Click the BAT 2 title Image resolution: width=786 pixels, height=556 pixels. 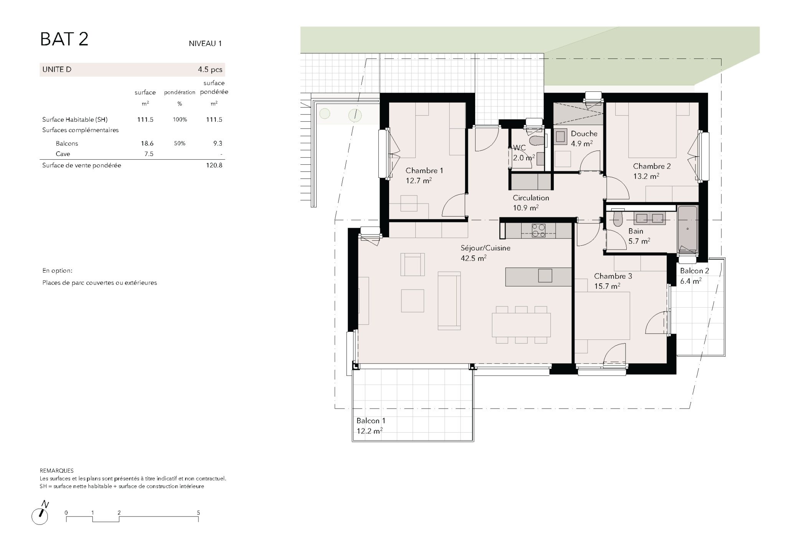click(x=64, y=39)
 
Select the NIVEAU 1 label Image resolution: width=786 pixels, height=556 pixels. click(x=205, y=44)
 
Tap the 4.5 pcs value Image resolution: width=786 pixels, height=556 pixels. click(x=210, y=70)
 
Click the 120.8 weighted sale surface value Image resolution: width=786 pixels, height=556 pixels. click(x=214, y=165)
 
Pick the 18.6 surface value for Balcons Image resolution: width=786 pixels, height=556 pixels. click(x=147, y=144)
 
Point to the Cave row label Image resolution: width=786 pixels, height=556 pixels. click(x=63, y=154)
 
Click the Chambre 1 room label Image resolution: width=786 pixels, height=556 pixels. click(x=424, y=170)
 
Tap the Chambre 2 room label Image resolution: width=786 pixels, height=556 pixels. click(x=652, y=166)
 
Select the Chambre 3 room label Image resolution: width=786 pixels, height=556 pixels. click(x=613, y=276)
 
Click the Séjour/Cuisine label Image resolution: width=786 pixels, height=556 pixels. click(x=485, y=248)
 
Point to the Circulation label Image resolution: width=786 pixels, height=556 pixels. click(x=531, y=198)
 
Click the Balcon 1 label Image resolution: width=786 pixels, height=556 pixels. click(x=371, y=421)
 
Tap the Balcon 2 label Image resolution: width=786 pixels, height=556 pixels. click(x=695, y=271)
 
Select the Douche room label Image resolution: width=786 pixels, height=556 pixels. click(x=584, y=134)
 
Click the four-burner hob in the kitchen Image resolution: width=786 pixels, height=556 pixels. click(x=538, y=230)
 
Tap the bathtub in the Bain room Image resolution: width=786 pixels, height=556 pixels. click(x=687, y=229)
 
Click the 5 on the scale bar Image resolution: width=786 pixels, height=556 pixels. click(x=198, y=513)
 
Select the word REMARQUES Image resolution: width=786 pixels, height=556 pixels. click(x=56, y=471)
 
